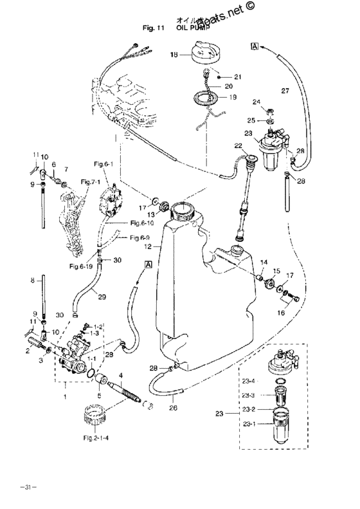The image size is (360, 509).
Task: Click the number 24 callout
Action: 256,102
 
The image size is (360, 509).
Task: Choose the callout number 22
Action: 237,146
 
